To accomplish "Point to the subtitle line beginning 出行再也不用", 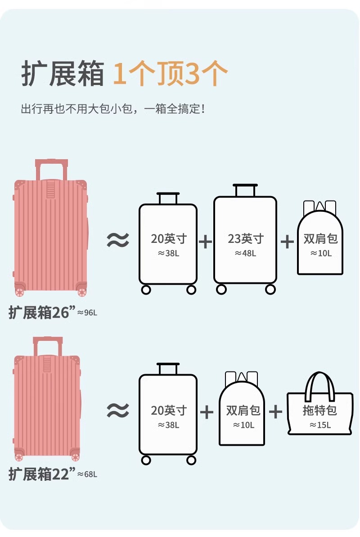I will click(113, 109).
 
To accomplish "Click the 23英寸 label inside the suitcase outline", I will click(245, 238).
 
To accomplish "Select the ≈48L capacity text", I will click(245, 253).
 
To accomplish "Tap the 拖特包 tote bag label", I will click(319, 410).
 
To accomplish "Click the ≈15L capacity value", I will click(320, 425).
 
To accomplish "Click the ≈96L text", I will click(87, 313).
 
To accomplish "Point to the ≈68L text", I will click(87, 474).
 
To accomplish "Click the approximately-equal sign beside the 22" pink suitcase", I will click(118, 410).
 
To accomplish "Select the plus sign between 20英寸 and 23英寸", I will click(205, 242).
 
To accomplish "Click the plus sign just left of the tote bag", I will click(275, 411).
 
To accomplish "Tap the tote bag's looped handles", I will click(319, 385).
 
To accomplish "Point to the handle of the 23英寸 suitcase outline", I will click(245, 189).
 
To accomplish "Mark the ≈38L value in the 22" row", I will click(168, 425).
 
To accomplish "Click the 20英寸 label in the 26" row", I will click(168, 238).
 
